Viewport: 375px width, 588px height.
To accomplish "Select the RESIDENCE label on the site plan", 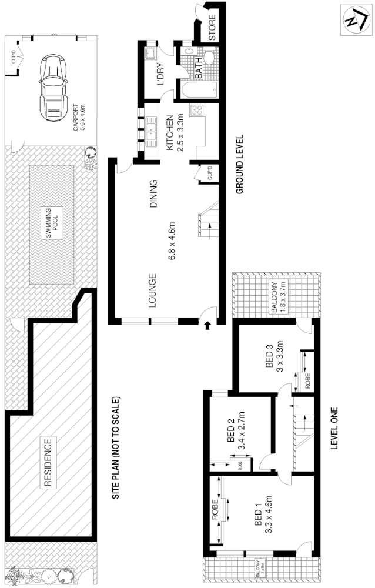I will pyautogui.click(x=48, y=463).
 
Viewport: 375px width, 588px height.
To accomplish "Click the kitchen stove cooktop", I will pyautogui.click(x=197, y=109).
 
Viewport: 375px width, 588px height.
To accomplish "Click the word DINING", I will pyautogui.click(x=154, y=195).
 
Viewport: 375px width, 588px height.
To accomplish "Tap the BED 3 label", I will pyautogui.click(x=270, y=356).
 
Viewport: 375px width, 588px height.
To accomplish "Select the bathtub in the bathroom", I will pyautogui.click(x=197, y=90).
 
